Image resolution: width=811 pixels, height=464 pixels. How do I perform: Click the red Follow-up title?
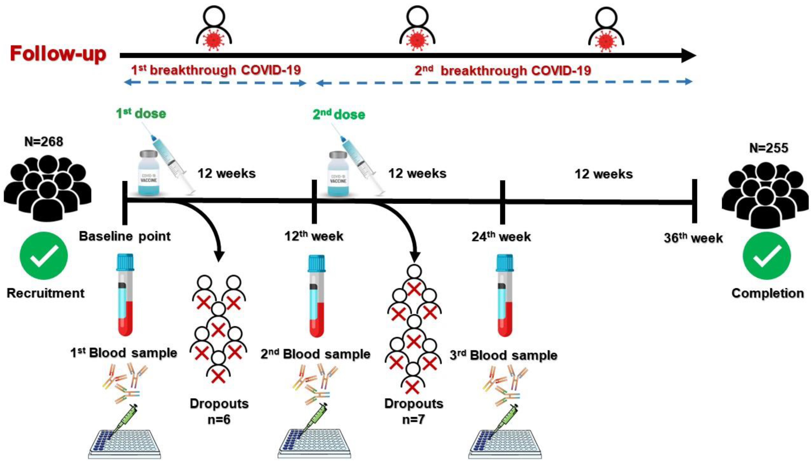pos(58,54)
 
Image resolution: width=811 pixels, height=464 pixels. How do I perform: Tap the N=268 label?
pos(44,141)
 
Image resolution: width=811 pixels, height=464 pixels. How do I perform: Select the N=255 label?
pos(768,148)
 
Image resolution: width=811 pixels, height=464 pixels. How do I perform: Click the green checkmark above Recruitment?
pos(44,256)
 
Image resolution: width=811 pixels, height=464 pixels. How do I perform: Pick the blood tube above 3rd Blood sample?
pos(505,295)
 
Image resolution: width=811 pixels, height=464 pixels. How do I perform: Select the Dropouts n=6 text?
pos(219,411)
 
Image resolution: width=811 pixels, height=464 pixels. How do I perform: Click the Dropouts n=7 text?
pos(414,411)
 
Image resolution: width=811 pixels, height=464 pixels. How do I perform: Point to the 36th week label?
pos(693,238)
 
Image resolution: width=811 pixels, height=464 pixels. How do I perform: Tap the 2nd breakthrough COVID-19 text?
pos(503,70)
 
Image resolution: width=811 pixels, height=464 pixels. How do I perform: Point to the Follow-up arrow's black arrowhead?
pos(688,56)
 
